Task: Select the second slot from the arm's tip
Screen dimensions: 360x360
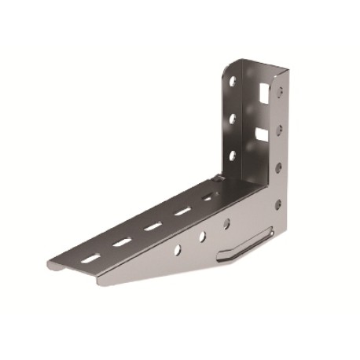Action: pyautogui.click(x=122, y=241)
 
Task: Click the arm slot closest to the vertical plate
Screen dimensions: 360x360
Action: pyautogui.click(x=208, y=198)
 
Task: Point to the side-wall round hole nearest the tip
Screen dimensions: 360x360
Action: pyautogui.click(x=177, y=249)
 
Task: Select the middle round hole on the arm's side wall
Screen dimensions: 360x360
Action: pyautogui.click(x=202, y=236)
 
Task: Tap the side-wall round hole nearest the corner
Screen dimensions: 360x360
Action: pyautogui.click(x=226, y=223)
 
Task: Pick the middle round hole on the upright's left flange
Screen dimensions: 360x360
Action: pyautogui.click(x=233, y=119)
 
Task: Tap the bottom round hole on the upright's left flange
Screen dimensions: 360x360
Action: pyautogui.click(x=233, y=155)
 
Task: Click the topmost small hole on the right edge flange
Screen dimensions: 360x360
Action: pyautogui.click(x=279, y=91)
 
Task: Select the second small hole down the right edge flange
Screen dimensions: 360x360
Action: pyautogui.click(x=279, y=127)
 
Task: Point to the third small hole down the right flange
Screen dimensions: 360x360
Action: pyautogui.click(x=279, y=166)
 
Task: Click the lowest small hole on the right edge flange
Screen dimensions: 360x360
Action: pyautogui.click(x=278, y=204)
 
